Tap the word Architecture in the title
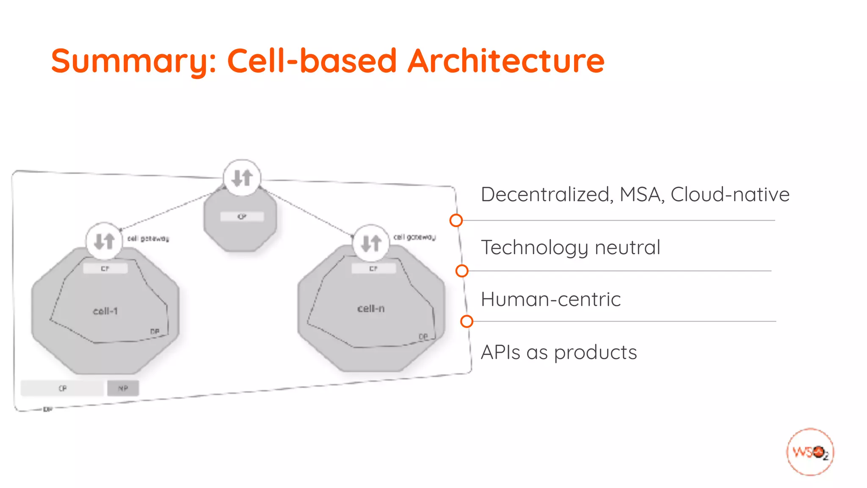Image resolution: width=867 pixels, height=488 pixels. pos(506,61)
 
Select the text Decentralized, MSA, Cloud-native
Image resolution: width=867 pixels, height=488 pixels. pos(635,195)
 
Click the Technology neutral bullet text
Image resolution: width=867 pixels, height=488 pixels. pos(570,247)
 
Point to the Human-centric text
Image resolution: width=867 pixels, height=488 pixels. pos(551,299)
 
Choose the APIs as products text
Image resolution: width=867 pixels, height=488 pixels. pos(559,352)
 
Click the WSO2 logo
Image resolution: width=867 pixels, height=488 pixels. pos(810,452)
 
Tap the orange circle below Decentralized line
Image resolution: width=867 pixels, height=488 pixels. pos(456,220)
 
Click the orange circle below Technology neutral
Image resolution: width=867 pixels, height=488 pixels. pos(462,271)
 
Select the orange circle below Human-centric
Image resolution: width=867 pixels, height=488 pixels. pos(467,322)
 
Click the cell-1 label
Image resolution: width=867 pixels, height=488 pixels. pos(105,311)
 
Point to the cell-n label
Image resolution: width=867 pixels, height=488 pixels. pos(371,309)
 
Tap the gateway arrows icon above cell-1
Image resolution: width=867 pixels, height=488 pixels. pos(104,241)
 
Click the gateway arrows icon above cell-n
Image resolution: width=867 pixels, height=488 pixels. pos(371,243)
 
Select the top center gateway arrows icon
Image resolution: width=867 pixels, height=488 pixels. pos(242,178)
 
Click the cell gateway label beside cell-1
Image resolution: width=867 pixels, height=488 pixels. pos(148,239)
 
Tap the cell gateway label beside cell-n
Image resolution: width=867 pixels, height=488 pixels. pos(414,237)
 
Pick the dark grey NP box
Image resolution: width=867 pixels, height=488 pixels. pos(123,388)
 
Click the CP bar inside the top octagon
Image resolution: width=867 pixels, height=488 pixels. pos(242,216)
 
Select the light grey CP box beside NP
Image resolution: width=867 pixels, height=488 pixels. pos(62,388)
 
